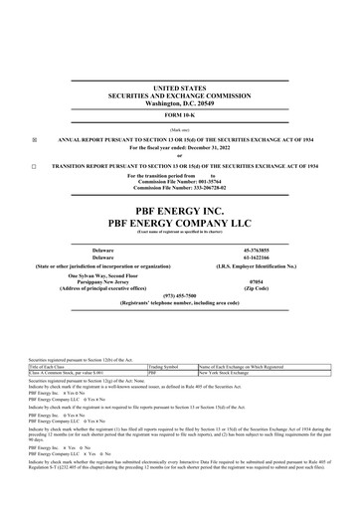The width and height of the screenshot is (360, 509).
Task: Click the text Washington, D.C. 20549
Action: [x=180, y=103]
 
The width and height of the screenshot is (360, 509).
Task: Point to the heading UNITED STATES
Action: [x=180, y=88]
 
